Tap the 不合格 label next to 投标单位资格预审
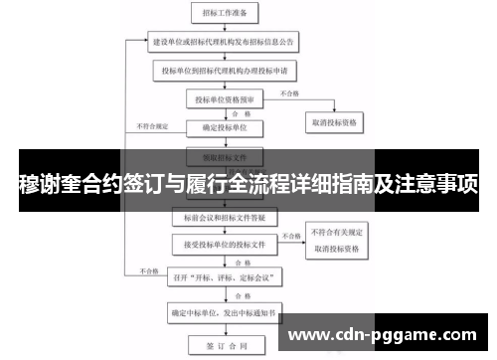(x=288, y=93)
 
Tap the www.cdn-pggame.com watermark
(x=388, y=334)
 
